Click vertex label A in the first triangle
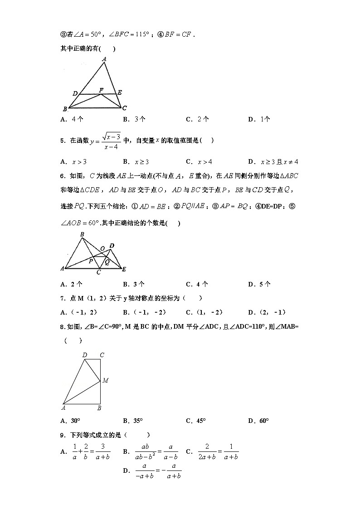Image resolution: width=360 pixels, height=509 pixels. tap(105, 59)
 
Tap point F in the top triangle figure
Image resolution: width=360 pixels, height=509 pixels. tap(101, 90)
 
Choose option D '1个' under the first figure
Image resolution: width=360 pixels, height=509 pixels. tap(259, 119)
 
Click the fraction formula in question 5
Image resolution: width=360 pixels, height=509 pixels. tap(105, 141)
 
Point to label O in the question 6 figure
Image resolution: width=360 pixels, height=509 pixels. tap(102, 248)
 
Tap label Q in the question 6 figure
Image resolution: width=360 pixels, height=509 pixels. tap(107, 262)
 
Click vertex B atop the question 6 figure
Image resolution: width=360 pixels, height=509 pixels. tap(82, 234)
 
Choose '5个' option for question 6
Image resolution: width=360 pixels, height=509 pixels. tap(260, 284)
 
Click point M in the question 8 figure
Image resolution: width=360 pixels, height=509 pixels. tap(105, 380)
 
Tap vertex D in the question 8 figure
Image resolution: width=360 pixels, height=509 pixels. tap(85, 355)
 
